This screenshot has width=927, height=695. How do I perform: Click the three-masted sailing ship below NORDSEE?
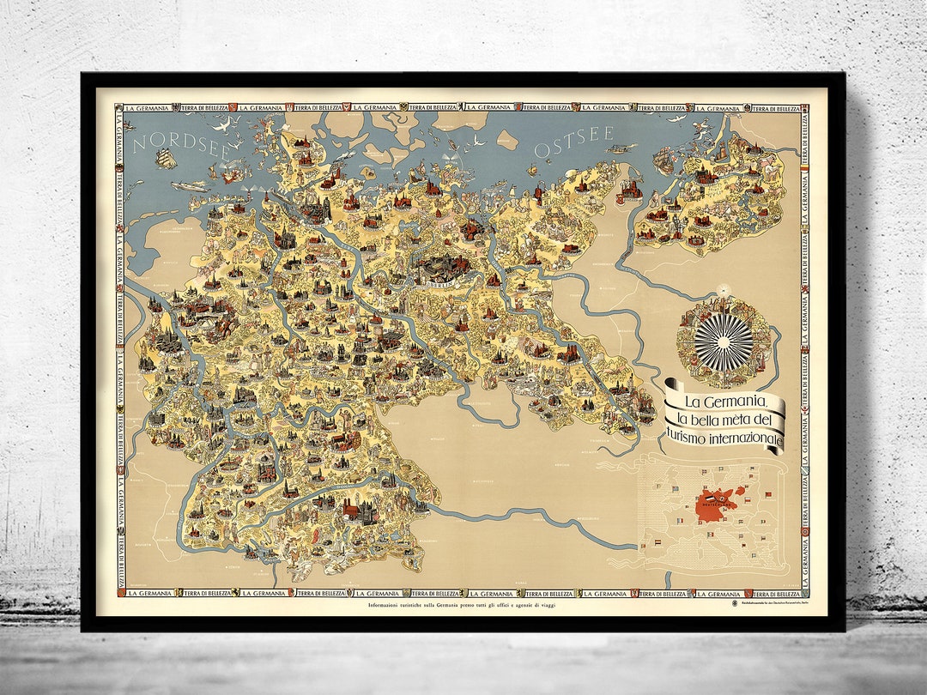(x=164, y=158)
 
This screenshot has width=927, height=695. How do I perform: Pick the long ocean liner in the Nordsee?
(x=190, y=185)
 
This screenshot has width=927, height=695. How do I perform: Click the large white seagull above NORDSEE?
(x=225, y=126)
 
